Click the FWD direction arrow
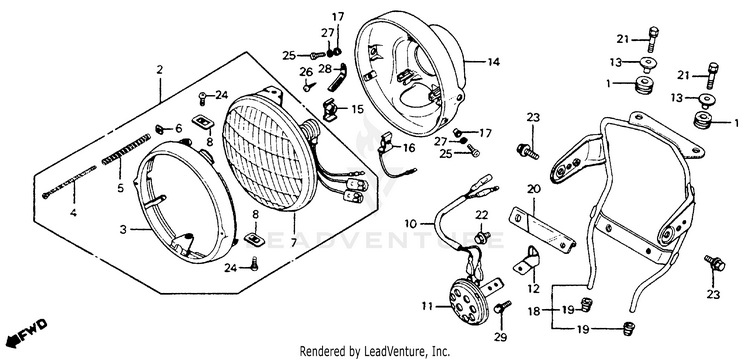[28, 332]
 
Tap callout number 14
[494, 62]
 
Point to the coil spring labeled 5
[126, 149]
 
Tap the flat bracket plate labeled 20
[542, 229]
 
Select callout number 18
[534, 312]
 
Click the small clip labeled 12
[527, 262]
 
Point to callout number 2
[159, 70]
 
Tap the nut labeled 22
[482, 237]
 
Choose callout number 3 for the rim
[123, 230]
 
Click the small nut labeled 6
[161, 129]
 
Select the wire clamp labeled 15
[331, 110]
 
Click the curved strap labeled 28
[337, 76]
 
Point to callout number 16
[409, 148]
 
